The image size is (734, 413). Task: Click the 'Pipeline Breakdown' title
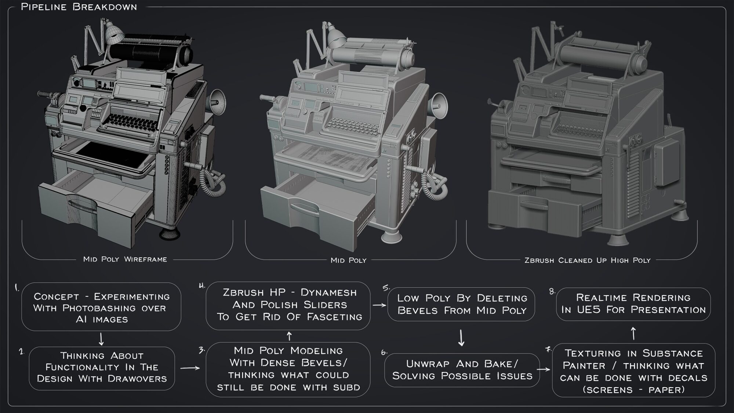pos(79,7)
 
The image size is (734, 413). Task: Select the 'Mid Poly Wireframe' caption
pos(125,259)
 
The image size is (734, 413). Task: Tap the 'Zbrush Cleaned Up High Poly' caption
pos(587,260)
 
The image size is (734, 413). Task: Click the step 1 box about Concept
pos(101,307)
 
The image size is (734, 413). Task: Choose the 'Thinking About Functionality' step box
pos(102,368)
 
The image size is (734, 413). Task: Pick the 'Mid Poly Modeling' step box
pos(288,369)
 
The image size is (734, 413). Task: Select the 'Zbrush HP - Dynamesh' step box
pos(288,305)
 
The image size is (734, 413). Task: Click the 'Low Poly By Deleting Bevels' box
pos(461,304)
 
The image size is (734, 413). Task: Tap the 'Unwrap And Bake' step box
pos(462,370)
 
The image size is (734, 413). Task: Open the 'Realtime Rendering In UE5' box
pos(633,304)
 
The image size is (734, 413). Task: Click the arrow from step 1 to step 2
pos(101,339)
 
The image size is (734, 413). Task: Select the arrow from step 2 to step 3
pos(190,367)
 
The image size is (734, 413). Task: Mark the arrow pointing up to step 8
pos(633,333)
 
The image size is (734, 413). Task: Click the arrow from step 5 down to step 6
pos(462,338)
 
